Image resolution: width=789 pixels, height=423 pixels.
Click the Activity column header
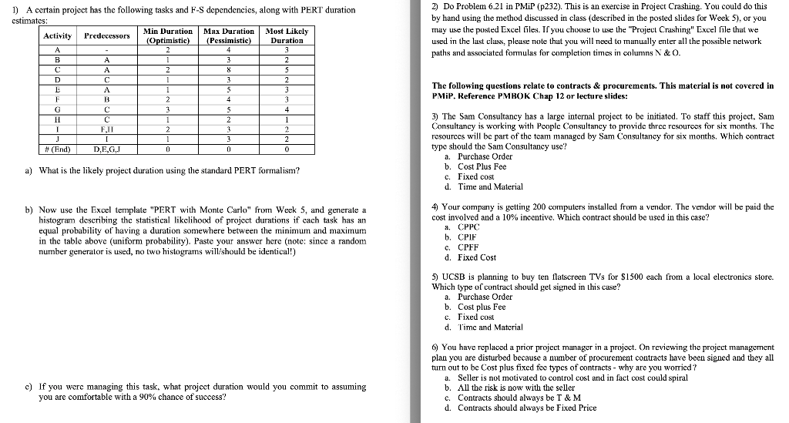pos(58,35)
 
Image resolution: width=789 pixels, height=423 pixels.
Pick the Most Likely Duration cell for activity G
pos(286,109)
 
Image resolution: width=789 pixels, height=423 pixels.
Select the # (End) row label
pos(58,149)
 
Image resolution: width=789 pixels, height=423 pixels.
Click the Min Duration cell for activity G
pos(167,109)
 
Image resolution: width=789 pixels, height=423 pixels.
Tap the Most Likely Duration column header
pos(286,35)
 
